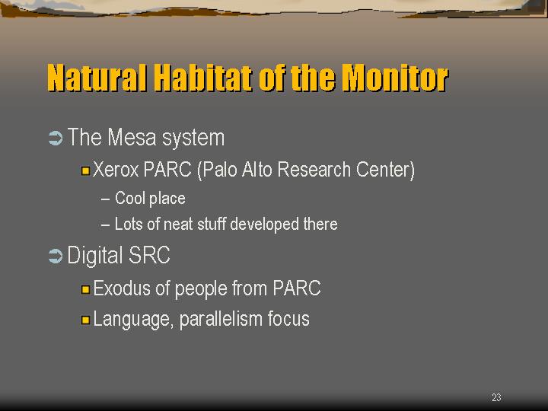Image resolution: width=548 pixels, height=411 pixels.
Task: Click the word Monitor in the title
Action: point(395,78)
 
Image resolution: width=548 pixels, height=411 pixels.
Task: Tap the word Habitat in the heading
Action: point(203,78)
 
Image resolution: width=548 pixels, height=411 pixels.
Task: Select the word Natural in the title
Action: point(97,78)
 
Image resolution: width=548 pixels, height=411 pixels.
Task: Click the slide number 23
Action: point(496,397)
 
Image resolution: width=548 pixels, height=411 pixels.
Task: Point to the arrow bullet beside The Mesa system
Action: point(56,138)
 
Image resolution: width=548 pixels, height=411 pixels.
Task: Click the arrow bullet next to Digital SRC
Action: point(56,256)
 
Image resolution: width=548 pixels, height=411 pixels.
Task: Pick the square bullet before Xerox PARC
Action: point(85,171)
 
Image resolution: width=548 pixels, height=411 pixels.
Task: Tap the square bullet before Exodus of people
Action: point(85,290)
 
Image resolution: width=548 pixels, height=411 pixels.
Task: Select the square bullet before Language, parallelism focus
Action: point(85,320)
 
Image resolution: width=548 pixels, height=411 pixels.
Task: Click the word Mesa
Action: point(132,137)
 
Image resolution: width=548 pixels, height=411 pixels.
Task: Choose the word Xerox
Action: point(116,170)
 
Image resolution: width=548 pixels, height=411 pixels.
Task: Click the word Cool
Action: point(130,198)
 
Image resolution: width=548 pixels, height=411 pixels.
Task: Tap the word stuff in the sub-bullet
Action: point(212,224)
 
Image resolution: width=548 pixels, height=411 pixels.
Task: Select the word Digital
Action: point(94,255)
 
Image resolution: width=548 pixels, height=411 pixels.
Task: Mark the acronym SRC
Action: point(149,255)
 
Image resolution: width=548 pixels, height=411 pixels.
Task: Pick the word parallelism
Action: point(221,319)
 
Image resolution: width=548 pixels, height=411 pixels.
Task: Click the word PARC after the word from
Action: point(297,288)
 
